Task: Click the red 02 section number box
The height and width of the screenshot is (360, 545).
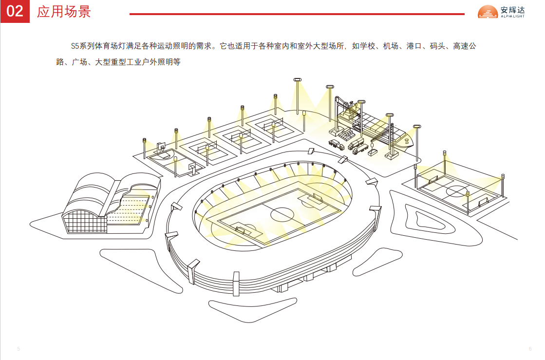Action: pyautogui.click(x=15, y=11)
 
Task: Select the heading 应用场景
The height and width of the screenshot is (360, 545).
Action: pyautogui.click(x=64, y=11)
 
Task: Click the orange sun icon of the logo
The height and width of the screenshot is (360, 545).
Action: pyautogui.click(x=488, y=12)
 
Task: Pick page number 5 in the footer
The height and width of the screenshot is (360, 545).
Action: pyautogui.click(x=19, y=349)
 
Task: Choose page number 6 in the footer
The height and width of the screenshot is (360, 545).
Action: pyautogui.click(x=530, y=349)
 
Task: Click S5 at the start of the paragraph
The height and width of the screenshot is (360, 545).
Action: pyautogui.click(x=75, y=47)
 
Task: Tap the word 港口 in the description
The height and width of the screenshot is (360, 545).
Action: pyautogui.click(x=414, y=47)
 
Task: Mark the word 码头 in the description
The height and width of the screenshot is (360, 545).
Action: pyautogui.click(x=438, y=47)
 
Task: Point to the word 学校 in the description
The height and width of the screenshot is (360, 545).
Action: pyautogui.click(x=368, y=47)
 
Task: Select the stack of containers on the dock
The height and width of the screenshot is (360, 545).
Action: pyautogui.click(x=346, y=133)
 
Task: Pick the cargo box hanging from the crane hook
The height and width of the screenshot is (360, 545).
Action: pyautogui.click(x=374, y=152)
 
